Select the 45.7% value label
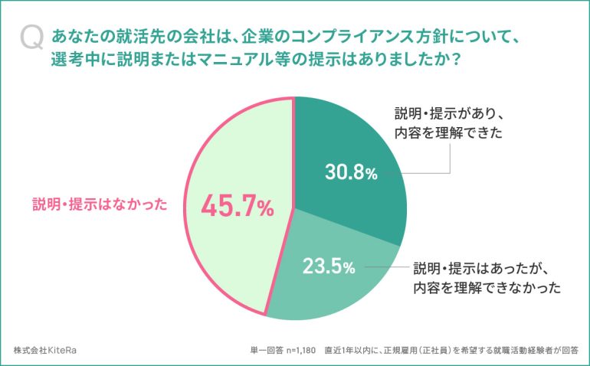[237, 206]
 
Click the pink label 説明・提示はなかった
[100, 204]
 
